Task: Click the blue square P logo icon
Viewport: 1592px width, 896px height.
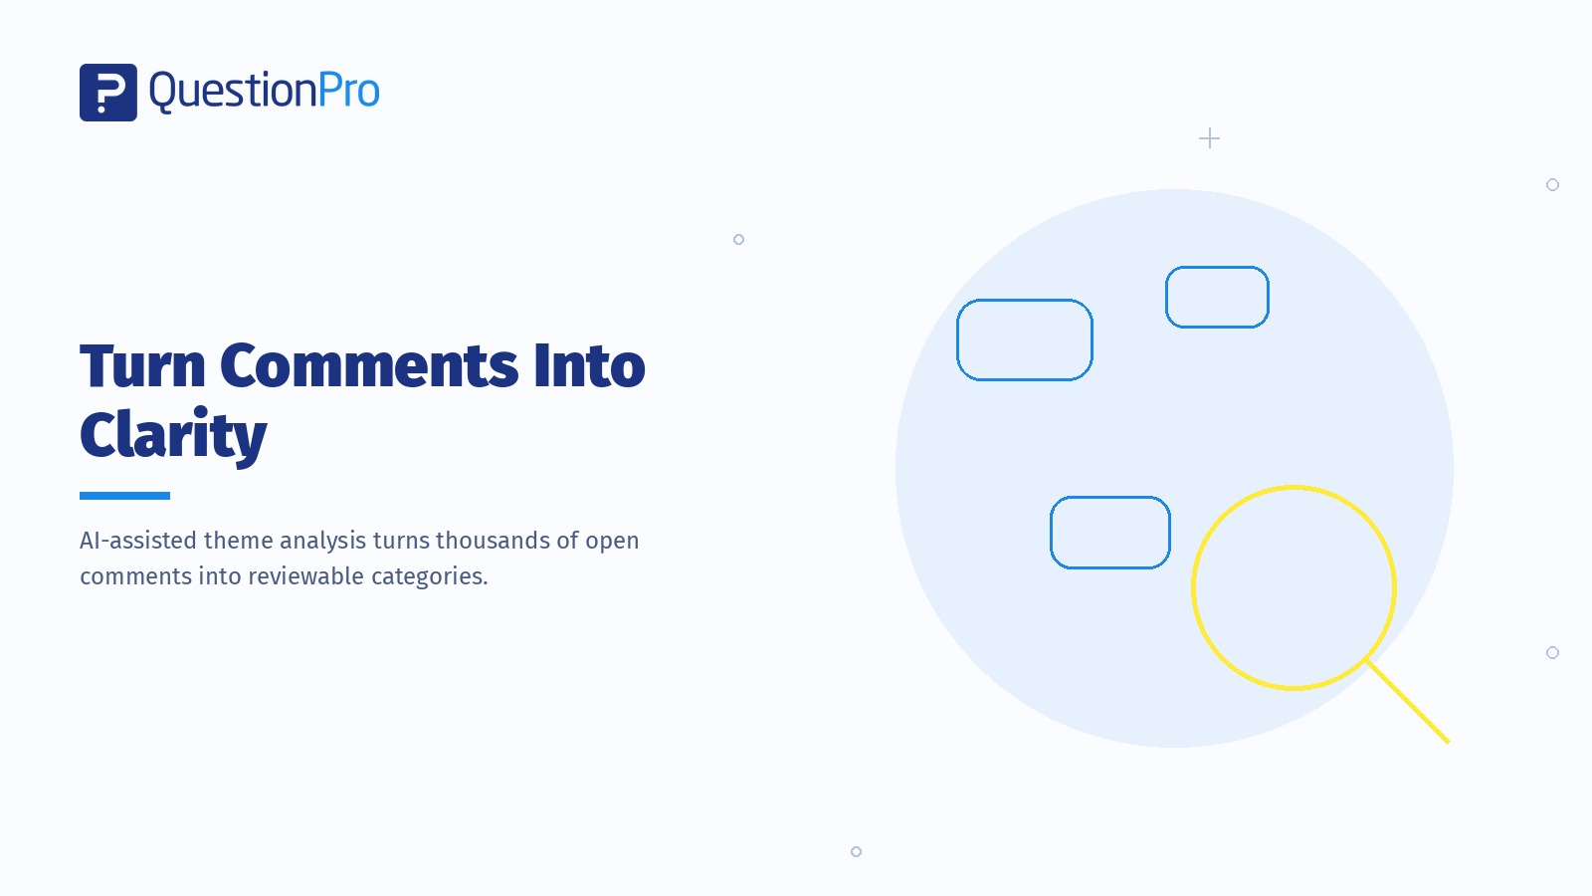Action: (108, 93)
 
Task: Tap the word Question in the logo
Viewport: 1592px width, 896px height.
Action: (233, 92)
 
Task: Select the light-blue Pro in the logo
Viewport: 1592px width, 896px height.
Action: (349, 91)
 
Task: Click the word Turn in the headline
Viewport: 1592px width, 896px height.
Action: (143, 366)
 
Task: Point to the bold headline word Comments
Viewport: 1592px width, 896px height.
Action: (369, 366)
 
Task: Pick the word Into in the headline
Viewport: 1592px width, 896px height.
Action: (589, 366)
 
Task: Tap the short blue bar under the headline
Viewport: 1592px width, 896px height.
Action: (125, 496)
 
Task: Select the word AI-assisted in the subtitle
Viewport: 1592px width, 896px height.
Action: (138, 541)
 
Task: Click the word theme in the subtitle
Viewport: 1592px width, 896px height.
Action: (238, 541)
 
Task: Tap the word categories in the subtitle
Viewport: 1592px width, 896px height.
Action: (430, 576)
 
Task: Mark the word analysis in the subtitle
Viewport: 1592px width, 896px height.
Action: (323, 542)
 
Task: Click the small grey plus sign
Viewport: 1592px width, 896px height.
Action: (1209, 138)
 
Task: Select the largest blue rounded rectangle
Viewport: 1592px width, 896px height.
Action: (1025, 301)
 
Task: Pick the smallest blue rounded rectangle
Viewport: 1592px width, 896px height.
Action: (1218, 268)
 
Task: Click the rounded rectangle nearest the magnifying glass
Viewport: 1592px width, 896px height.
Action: (1110, 498)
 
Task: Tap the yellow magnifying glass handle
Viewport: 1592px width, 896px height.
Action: (1408, 703)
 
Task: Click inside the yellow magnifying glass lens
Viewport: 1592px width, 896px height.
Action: (1294, 588)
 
